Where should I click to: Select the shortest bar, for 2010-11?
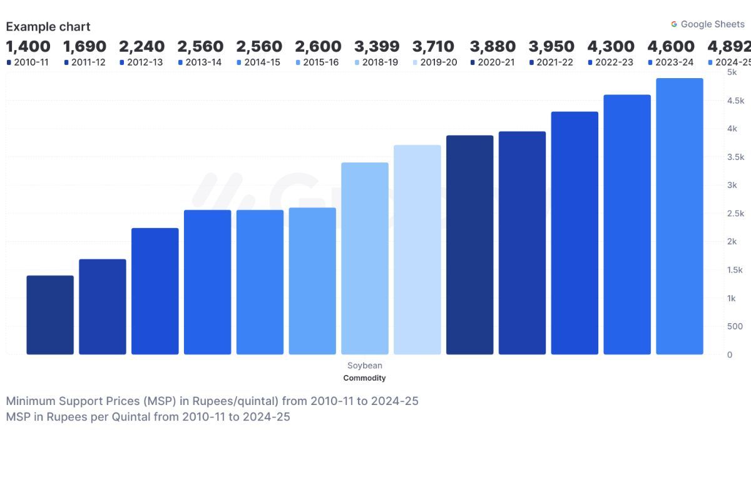coord(50,315)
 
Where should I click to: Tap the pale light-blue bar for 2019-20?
coord(417,250)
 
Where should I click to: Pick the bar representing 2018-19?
coord(365,259)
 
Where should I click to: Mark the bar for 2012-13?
coord(155,291)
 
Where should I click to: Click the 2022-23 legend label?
coord(615,62)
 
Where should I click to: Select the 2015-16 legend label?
coord(320,62)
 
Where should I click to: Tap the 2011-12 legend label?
coord(88,62)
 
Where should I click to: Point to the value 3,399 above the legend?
coord(377,46)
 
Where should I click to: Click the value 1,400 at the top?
coord(28,46)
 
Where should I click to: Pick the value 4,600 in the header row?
coord(671,46)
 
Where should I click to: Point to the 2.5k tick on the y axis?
coord(735,214)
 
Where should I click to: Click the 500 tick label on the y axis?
coord(734,326)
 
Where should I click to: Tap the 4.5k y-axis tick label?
coord(735,101)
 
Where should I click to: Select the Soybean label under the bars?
coord(365,366)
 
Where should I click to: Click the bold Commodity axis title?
coord(365,378)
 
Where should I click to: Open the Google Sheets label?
coord(712,24)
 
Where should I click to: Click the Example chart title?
coord(48,27)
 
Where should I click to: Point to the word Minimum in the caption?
coord(30,401)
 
